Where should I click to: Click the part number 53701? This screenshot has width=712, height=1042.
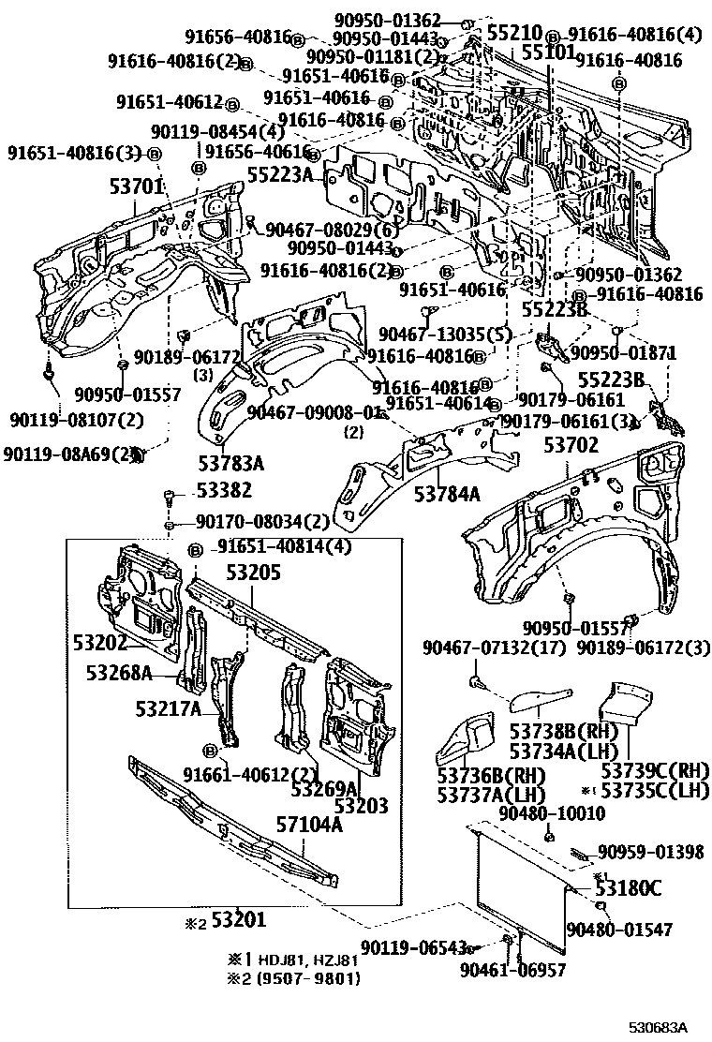point(137,187)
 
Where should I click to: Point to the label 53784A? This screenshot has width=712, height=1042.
point(449,494)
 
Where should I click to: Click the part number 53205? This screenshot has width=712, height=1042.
point(251,574)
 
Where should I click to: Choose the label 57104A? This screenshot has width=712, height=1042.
point(308,825)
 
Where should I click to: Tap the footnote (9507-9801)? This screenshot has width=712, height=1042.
point(302,978)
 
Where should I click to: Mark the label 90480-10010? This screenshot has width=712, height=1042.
point(552,812)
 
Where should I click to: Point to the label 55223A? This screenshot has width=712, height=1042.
point(280,173)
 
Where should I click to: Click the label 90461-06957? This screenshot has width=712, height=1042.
point(513,970)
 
